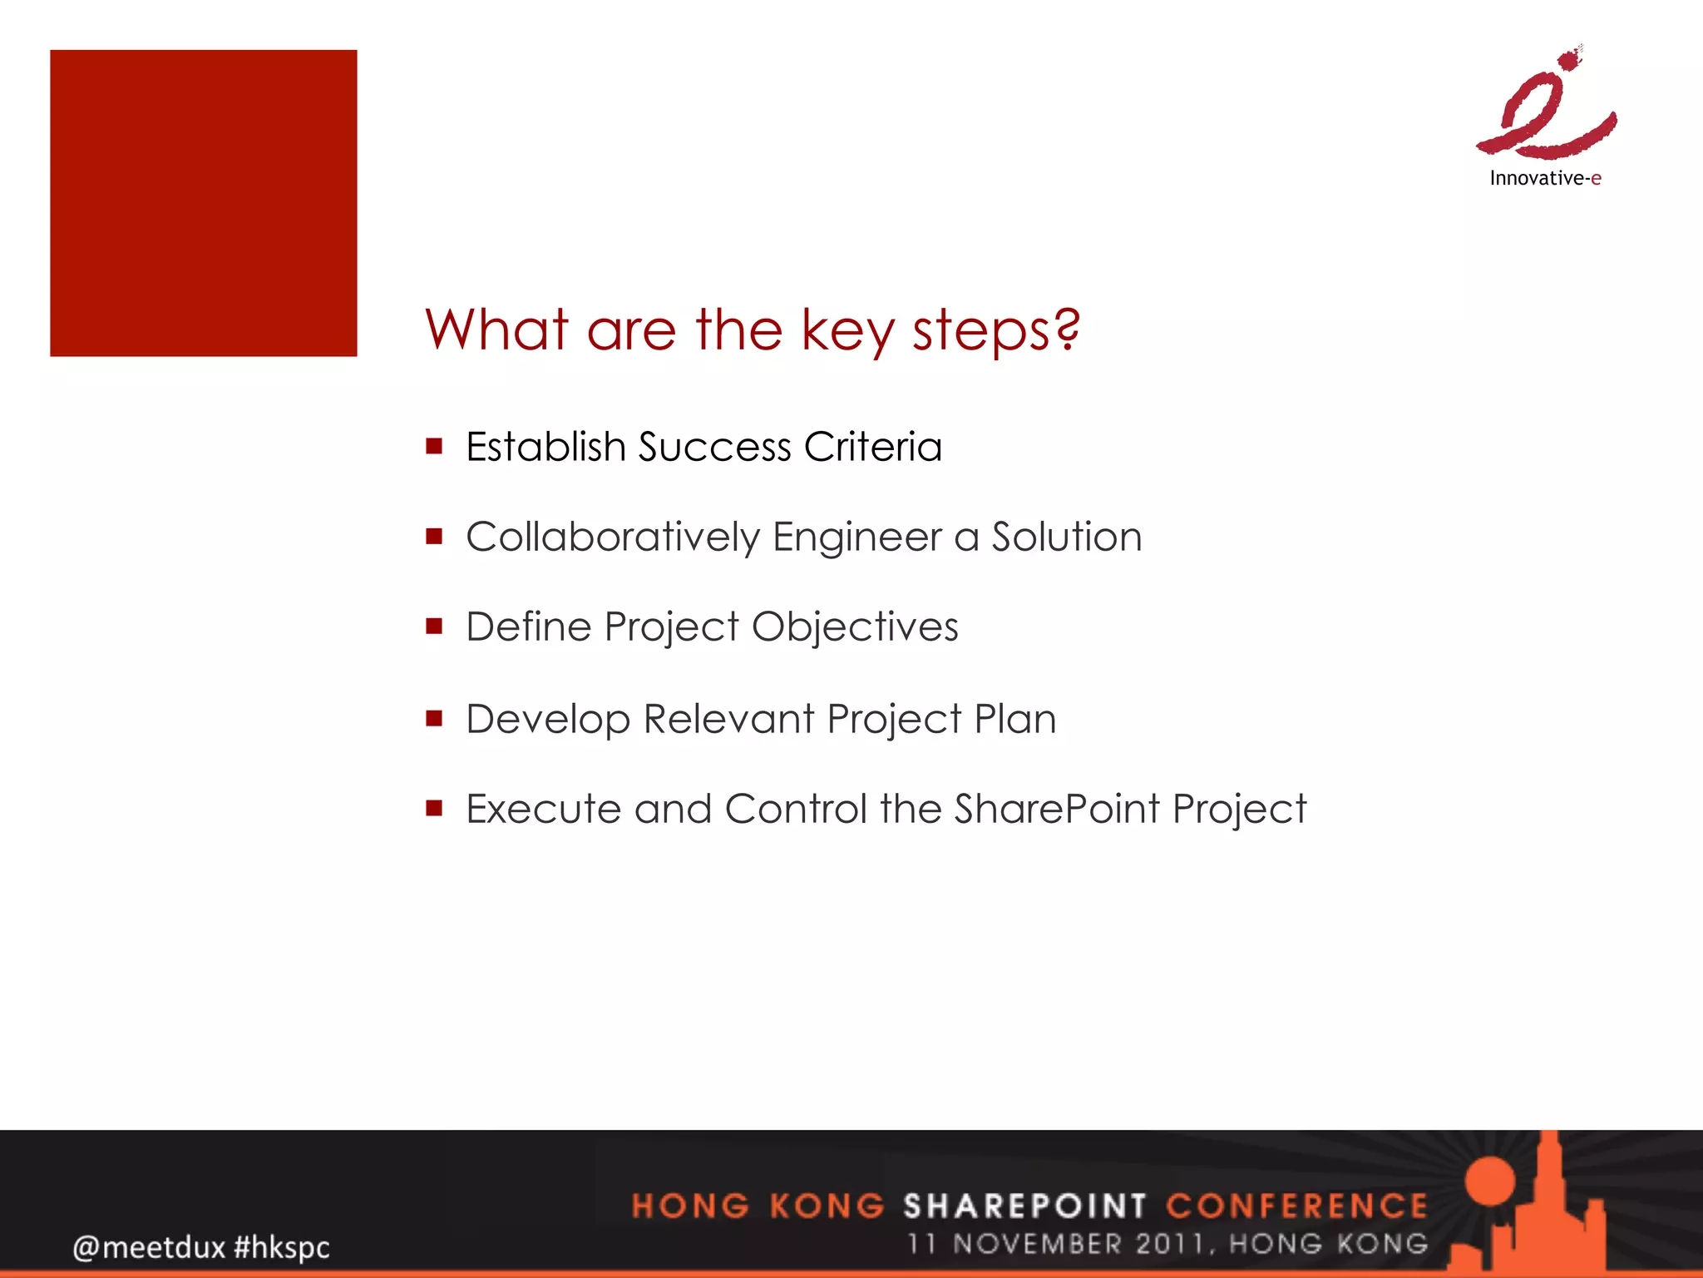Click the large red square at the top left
point(203,203)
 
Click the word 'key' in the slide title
point(847,331)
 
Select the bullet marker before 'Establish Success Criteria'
point(433,446)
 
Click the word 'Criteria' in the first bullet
point(872,447)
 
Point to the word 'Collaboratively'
point(612,537)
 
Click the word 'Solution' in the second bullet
point(1066,537)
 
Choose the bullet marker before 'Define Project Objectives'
point(433,626)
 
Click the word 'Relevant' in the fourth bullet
point(728,718)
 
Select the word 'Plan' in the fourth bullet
point(1014,718)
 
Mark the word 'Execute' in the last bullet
point(542,809)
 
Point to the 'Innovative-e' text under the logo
point(1545,178)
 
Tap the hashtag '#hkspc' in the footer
point(282,1246)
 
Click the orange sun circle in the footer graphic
point(1491,1180)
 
